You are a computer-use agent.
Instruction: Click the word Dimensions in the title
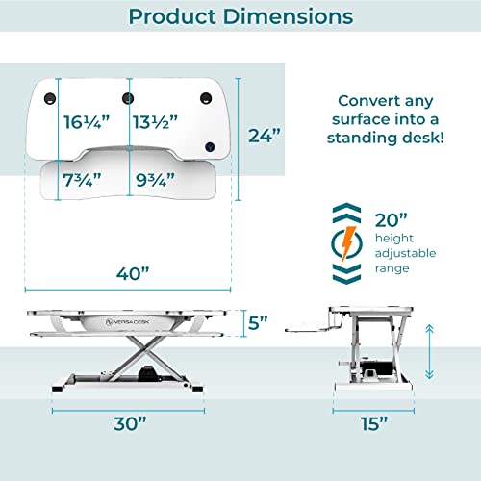coord(286,18)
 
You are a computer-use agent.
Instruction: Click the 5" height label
coord(254,324)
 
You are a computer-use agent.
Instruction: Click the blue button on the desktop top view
coord(210,147)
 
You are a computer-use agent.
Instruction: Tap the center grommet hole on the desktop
coord(128,97)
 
